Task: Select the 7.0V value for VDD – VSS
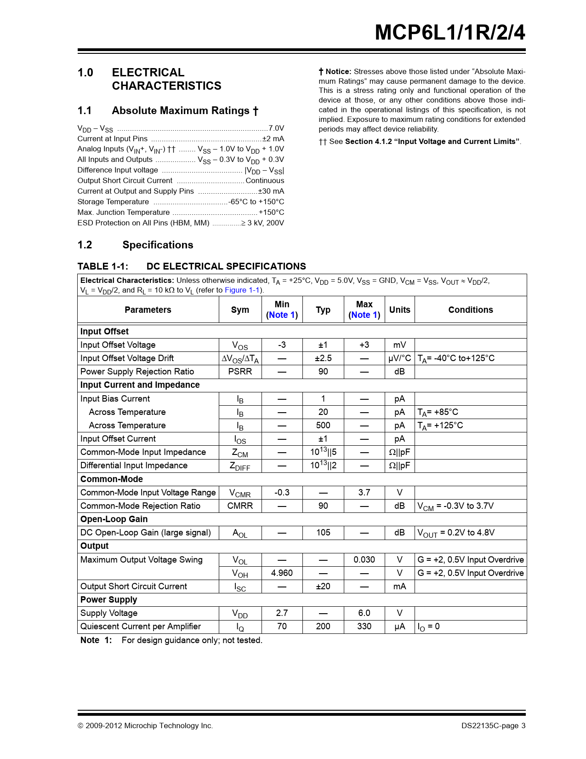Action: coord(276,128)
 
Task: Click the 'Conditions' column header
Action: coord(470,310)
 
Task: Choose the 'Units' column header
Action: coord(399,310)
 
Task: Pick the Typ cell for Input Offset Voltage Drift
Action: coord(323,358)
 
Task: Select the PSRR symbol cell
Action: coord(240,372)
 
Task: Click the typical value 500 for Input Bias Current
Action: coord(323,425)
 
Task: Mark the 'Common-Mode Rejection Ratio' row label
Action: coord(140,506)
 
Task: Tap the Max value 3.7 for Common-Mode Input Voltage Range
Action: coord(364,493)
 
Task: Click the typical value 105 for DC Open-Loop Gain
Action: coord(323,533)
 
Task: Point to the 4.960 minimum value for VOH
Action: coord(282,573)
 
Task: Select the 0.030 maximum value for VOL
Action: coord(364,560)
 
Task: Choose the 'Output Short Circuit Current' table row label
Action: coord(134,586)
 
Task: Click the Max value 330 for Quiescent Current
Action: coord(364,627)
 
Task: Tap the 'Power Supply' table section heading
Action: coord(108,600)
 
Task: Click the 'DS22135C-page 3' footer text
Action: coord(493,726)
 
